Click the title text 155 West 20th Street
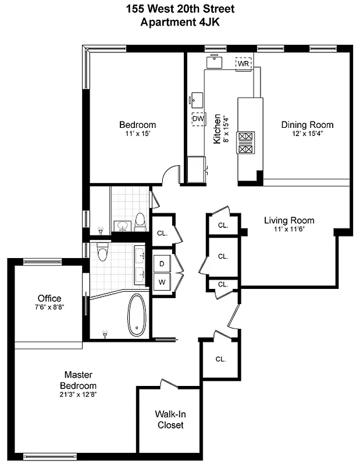pyautogui.click(x=180, y=9)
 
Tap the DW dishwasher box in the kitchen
pyautogui.click(x=198, y=118)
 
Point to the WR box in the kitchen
pyautogui.click(x=243, y=63)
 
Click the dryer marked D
pyautogui.click(x=161, y=263)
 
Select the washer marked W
pyautogui.click(x=161, y=282)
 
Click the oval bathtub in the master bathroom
pyautogui.click(x=137, y=314)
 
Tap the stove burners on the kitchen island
pyautogui.click(x=246, y=142)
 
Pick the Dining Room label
pyautogui.click(x=307, y=124)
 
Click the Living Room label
pyautogui.click(x=289, y=220)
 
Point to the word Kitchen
pyautogui.click(x=216, y=128)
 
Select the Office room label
pyautogui.click(x=49, y=298)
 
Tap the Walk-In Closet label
pyautogui.click(x=170, y=420)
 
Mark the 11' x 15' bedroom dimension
pyautogui.click(x=137, y=134)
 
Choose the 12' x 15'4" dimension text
pyautogui.click(x=307, y=133)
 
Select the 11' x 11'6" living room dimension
pyautogui.click(x=289, y=229)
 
